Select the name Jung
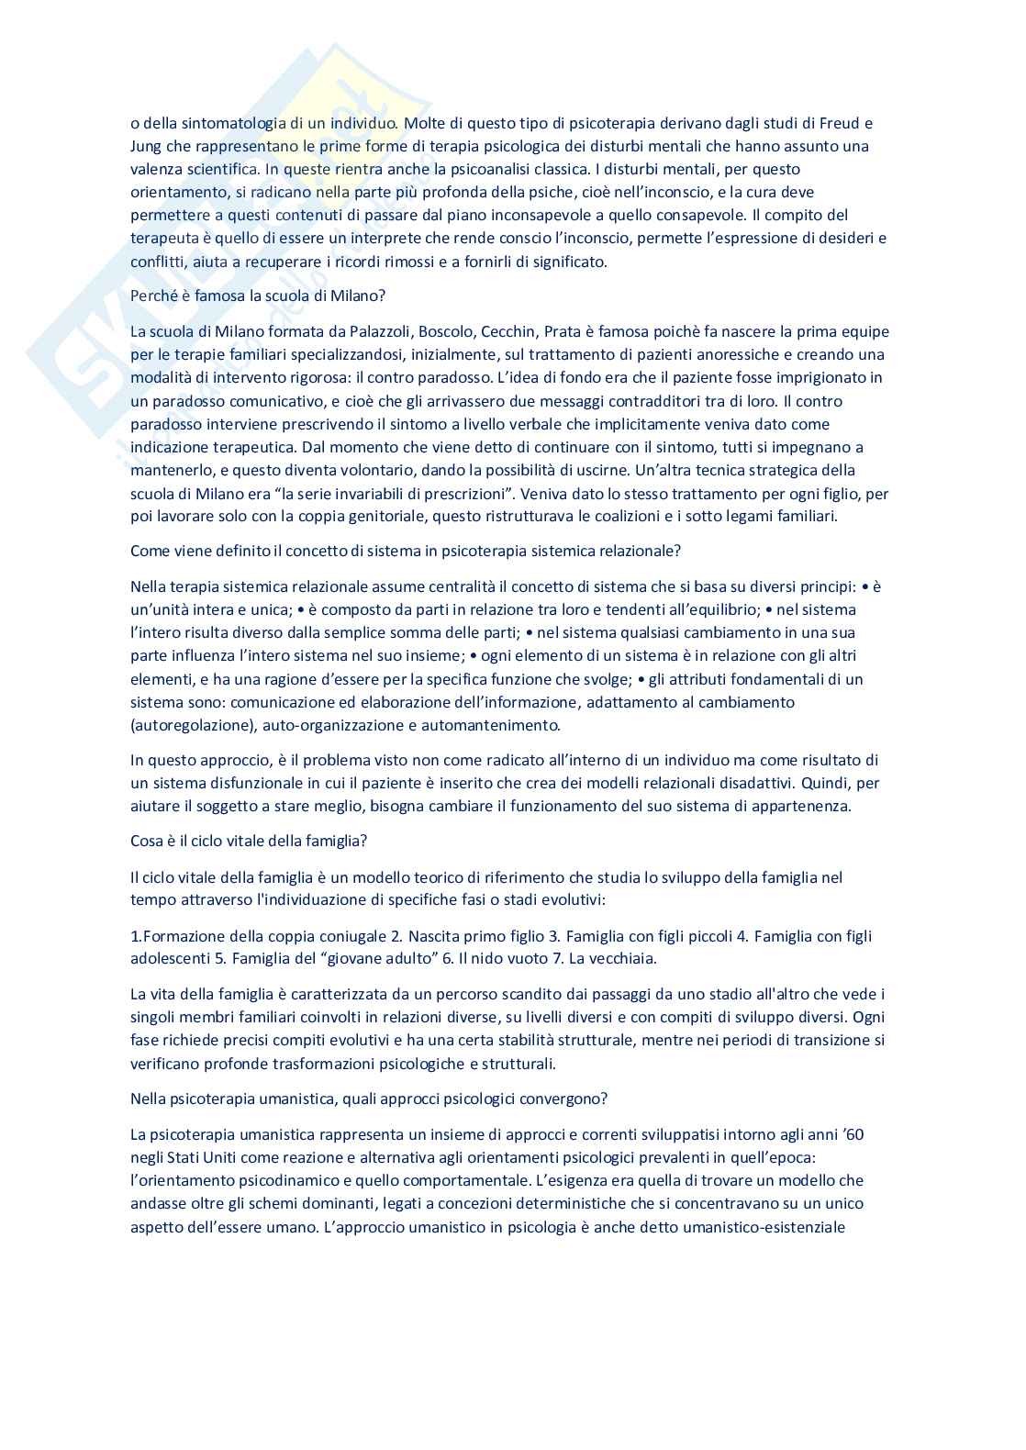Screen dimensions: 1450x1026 (x=146, y=147)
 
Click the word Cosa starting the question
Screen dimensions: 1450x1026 (x=147, y=842)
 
